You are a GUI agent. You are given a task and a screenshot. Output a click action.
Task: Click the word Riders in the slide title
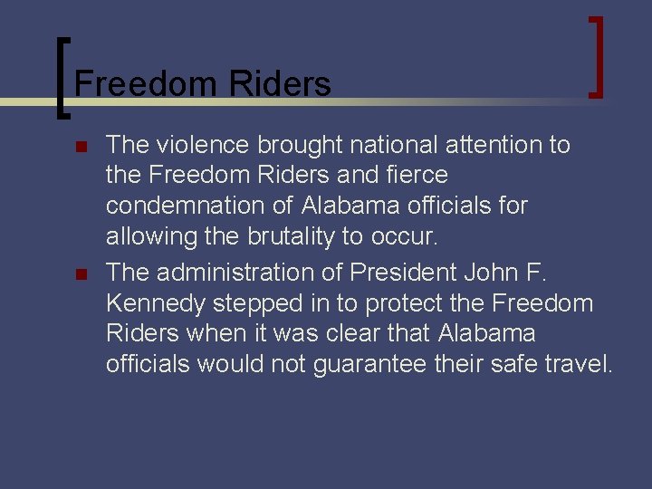click(281, 84)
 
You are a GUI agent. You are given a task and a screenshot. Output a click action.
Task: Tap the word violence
click(205, 145)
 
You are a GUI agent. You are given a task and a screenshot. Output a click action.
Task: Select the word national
click(397, 145)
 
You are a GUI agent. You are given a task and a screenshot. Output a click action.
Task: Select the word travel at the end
click(580, 365)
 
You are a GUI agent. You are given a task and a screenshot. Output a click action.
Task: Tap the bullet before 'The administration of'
click(81, 273)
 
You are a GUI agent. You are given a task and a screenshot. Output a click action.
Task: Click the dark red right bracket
click(597, 56)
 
